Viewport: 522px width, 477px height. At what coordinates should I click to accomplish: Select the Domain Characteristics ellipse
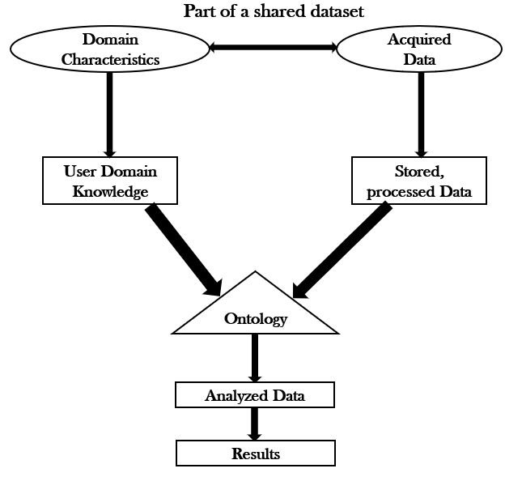coord(110,49)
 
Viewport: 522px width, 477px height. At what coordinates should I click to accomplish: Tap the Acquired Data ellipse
coord(419,49)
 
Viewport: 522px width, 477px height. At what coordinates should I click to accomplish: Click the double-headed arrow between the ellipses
coord(273,48)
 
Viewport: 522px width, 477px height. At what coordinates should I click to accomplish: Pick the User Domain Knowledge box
coord(109,181)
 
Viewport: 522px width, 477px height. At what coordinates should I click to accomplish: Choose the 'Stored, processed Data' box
coord(419,181)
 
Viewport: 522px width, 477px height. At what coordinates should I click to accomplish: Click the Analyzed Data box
coord(255,396)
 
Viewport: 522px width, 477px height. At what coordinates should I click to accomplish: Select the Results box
coord(255,454)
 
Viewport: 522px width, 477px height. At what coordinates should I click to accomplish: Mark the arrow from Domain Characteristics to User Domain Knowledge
coord(110,113)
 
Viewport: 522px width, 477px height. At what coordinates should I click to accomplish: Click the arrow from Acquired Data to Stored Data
coord(420,113)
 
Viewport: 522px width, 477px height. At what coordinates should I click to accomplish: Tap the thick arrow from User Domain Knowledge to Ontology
coord(185,250)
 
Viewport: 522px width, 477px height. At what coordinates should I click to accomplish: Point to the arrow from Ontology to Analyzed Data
coord(255,357)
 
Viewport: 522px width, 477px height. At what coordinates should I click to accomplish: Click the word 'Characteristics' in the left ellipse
coord(110,58)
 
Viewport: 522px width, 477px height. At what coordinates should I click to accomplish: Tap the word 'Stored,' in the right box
coord(420,172)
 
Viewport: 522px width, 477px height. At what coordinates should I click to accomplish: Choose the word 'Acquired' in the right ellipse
coord(420,39)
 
